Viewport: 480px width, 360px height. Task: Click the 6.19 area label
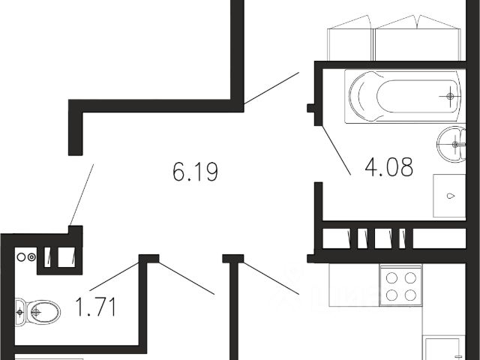point(195,173)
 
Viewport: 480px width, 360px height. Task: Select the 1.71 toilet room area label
point(96,307)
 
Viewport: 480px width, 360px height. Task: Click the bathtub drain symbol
point(451,96)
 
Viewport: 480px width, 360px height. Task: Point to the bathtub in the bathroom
point(403,97)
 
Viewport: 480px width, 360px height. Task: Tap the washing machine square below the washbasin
point(449,196)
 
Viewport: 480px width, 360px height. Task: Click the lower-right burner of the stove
point(410,295)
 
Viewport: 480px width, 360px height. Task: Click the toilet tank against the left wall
point(19,309)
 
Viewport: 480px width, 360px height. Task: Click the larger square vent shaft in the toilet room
point(67,256)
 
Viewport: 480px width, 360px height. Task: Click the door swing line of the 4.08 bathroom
point(335,150)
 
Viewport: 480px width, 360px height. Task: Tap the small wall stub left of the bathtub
point(311,108)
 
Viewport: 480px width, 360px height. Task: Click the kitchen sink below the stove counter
point(442,349)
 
